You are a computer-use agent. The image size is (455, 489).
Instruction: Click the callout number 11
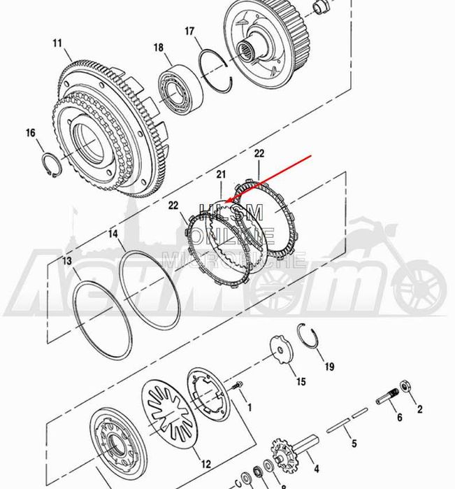(57, 43)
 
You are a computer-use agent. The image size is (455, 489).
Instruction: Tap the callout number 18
(159, 48)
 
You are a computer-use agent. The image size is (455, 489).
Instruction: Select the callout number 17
(189, 31)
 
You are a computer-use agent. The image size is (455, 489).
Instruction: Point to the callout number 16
(30, 133)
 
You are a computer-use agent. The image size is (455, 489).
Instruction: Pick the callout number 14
(113, 235)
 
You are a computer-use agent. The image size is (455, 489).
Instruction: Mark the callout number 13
(66, 261)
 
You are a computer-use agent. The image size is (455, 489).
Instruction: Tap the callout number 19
(329, 366)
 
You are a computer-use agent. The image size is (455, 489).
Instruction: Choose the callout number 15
(301, 381)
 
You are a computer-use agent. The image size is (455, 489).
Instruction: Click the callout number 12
(206, 464)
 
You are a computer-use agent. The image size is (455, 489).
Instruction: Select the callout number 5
(354, 444)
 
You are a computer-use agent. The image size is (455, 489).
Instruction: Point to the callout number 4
(315, 469)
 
